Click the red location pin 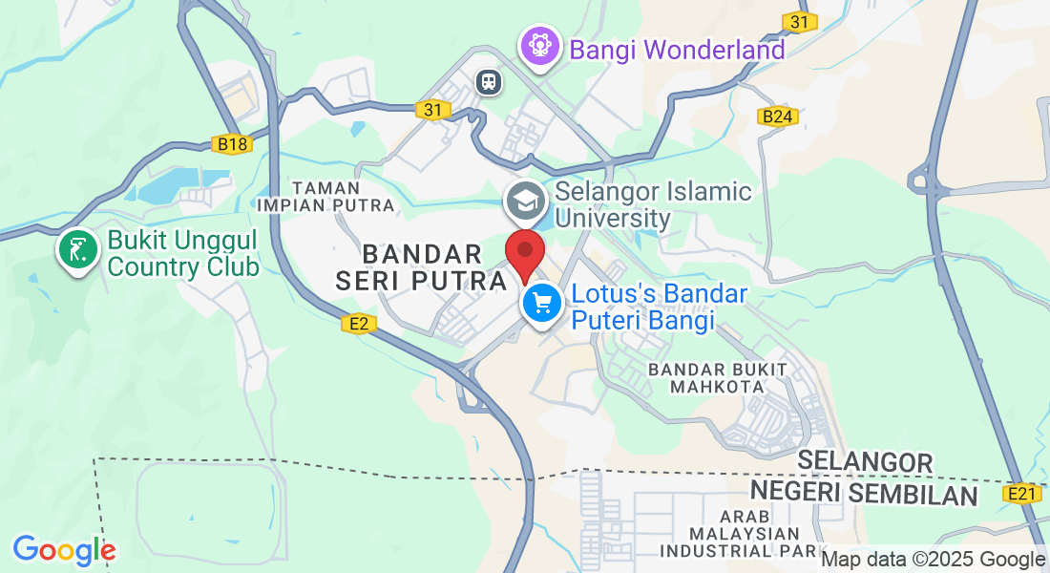point(524,252)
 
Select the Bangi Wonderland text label point(678,49)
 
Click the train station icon point(490,82)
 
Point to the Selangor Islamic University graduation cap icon point(525,202)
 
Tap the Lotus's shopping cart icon point(542,304)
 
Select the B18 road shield point(232,144)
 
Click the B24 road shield point(777,117)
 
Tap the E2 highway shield point(359,325)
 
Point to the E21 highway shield point(1021,494)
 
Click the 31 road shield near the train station point(433,110)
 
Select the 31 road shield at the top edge point(800,21)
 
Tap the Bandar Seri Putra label point(421,267)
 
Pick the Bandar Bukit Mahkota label point(718,377)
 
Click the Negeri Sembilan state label point(864,495)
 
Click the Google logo point(64,550)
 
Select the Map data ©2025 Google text point(934,560)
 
